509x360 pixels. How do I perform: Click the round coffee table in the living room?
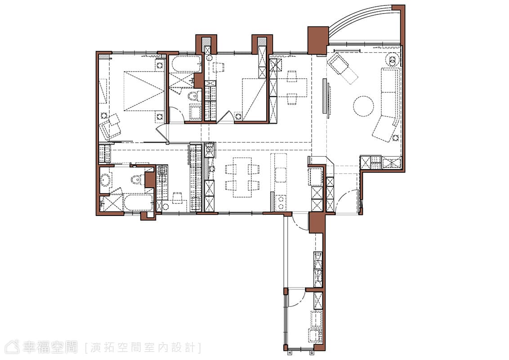tap(364, 106)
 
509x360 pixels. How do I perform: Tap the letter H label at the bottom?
tap(290, 352)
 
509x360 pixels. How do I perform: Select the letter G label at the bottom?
tap(312, 352)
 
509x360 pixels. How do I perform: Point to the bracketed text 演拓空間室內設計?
tap(143, 348)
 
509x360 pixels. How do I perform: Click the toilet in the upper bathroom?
tap(194, 96)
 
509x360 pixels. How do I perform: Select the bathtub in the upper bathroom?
tap(186, 65)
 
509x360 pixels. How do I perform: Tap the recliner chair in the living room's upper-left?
tap(343, 68)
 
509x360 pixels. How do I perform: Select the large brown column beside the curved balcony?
tap(317, 40)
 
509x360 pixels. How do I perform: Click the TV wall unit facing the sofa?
tap(326, 96)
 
